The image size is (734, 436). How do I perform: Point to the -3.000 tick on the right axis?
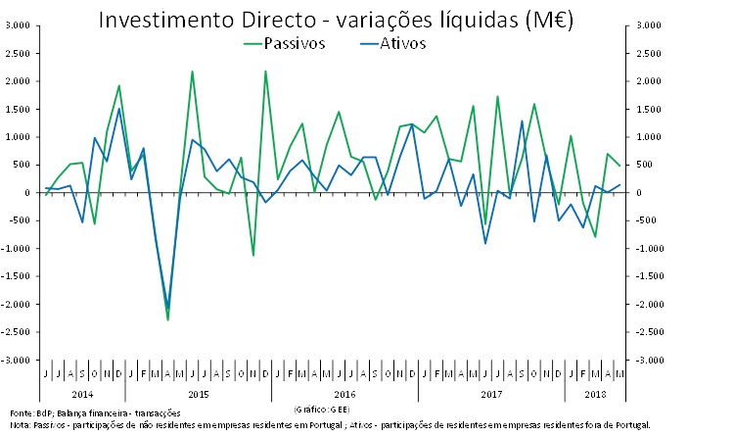click(x=649, y=361)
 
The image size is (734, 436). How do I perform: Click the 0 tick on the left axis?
click(x=27, y=193)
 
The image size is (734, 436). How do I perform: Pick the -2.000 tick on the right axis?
click(x=649, y=305)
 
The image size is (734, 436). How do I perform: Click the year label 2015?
click(x=198, y=393)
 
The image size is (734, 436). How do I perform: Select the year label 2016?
click(x=344, y=393)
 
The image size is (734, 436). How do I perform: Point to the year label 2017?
click(x=491, y=393)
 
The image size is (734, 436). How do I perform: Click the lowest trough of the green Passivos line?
click(x=167, y=320)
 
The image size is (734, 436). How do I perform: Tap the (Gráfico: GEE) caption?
click(x=319, y=406)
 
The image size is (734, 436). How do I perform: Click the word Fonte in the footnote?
click(x=20, y=412)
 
